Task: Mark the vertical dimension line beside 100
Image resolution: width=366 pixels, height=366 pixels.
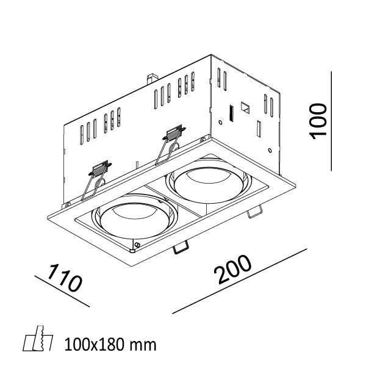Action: pos(332,121)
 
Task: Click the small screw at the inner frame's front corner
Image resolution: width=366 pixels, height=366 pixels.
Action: pos(137,246)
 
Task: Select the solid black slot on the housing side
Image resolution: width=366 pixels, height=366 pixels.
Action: pos(231,113)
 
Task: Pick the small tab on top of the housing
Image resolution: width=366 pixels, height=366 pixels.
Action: pos(149,79)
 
